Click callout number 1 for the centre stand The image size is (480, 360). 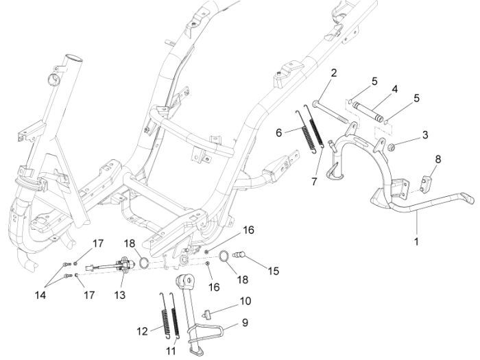(416, 241)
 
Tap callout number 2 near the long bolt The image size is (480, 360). (334, 73)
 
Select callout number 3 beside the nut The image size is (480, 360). (424, 135)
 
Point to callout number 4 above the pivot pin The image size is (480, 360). (395, 89)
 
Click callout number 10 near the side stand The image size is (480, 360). (245, 301)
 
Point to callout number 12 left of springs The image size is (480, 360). (142, 331)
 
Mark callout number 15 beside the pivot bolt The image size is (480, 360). (274, 272)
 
